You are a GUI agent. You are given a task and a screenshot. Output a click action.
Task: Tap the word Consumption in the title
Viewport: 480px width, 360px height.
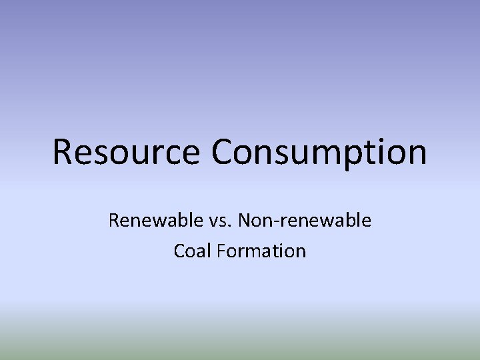point(319,152)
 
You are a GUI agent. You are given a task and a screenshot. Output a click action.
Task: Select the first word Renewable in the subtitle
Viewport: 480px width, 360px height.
point(148,219)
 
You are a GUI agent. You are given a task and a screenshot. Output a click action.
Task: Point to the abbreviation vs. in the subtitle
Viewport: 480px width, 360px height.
point(203,220)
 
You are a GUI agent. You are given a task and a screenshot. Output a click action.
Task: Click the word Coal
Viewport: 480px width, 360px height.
point(191,251)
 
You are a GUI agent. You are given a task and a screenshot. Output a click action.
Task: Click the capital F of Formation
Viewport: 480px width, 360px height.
point(217,251)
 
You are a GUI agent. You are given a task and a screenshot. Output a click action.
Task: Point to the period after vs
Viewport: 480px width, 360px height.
point(212,226)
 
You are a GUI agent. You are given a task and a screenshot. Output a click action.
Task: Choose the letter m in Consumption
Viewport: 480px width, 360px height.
point(326,154)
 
